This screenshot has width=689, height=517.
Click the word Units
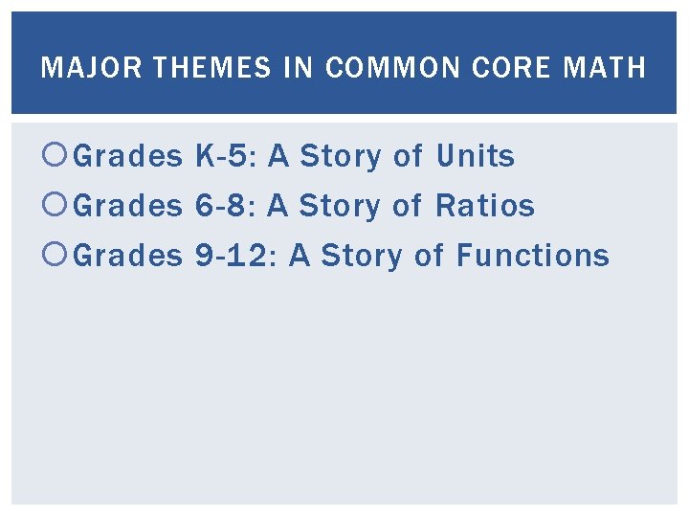point(476,156)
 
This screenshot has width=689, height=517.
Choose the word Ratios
point(485,206)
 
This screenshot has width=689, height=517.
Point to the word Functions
point(532,256)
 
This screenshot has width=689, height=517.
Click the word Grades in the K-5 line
point(127,156)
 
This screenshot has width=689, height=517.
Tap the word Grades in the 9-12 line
point(127,256)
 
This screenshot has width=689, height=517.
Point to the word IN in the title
point(299,68)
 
